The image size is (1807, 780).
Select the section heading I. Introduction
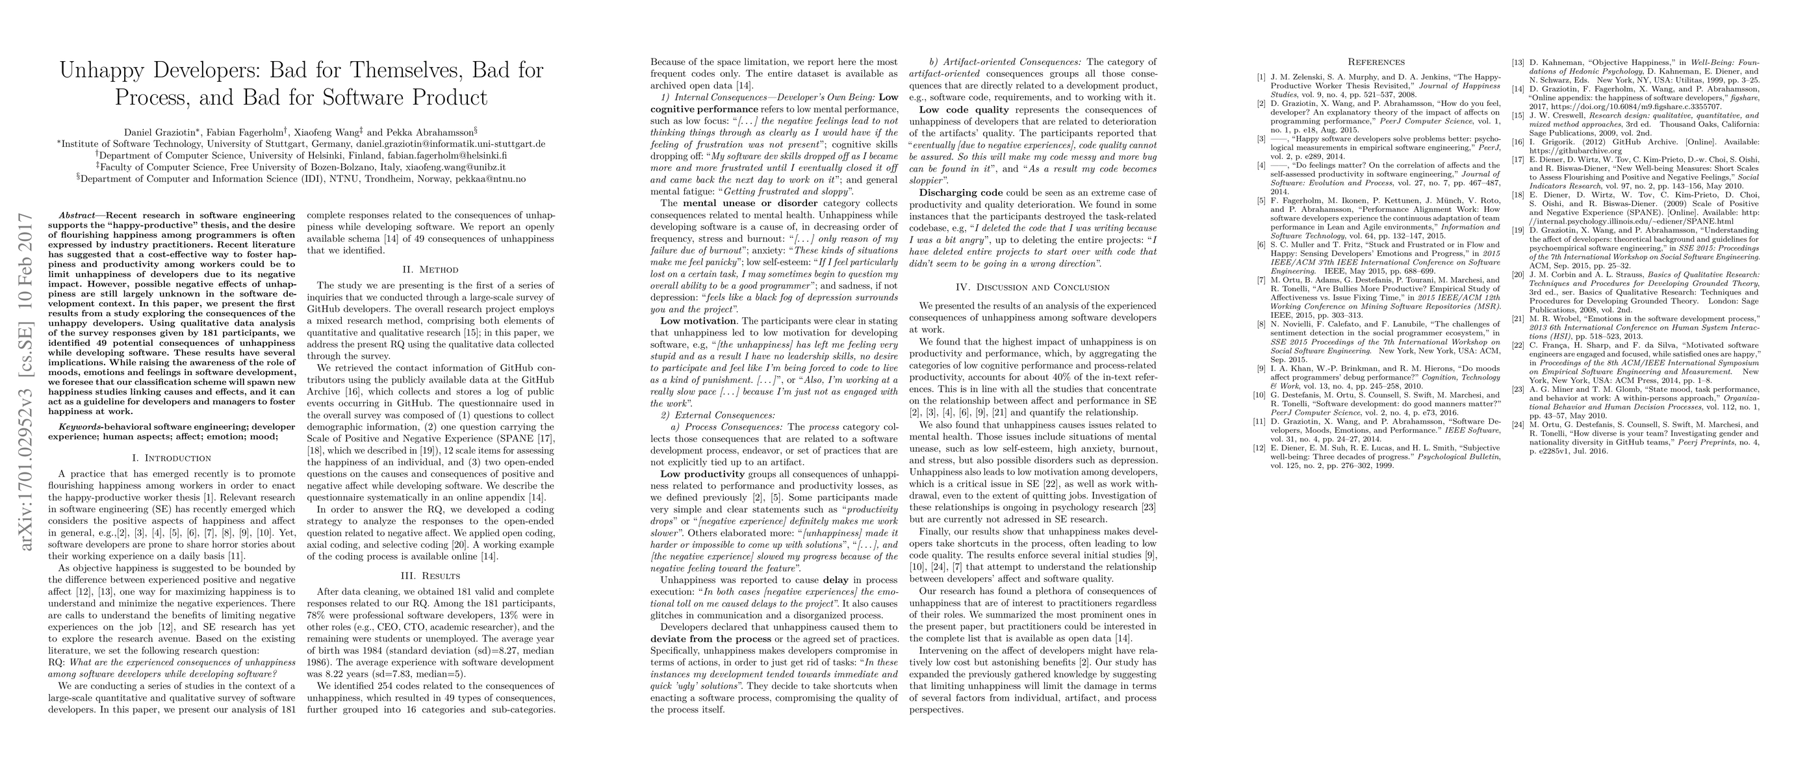point(172,458)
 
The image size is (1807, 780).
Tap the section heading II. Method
point(431,269)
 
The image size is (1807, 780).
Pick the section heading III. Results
point(431,576)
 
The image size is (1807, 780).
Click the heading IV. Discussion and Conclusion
point(1033,287)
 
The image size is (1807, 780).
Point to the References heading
point(1376,62)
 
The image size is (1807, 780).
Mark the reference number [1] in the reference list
point(1261,76)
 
